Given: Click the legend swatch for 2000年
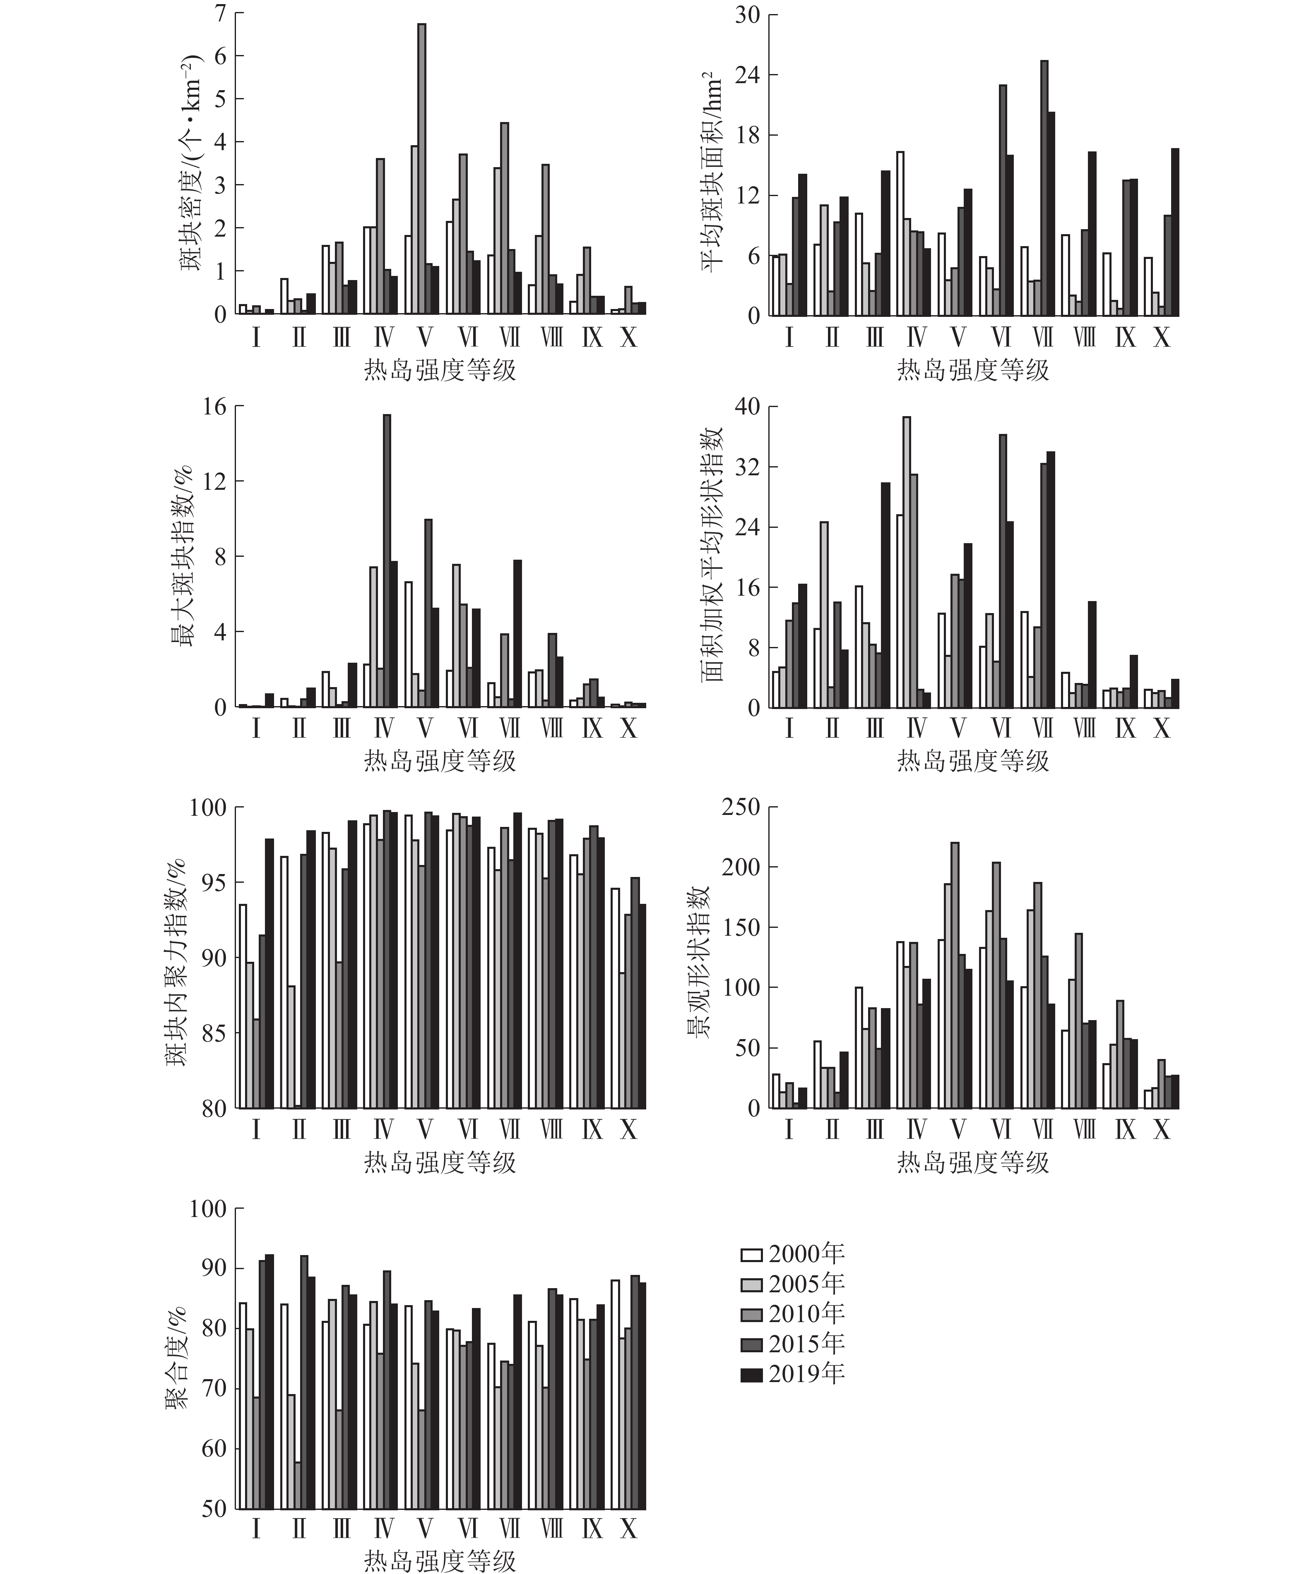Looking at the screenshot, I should coord(751,1254).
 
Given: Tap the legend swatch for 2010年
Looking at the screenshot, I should coord(751,1314).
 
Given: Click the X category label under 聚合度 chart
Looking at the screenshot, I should coord(628,1528).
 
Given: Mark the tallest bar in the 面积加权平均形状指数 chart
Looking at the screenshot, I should coord(907,562).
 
